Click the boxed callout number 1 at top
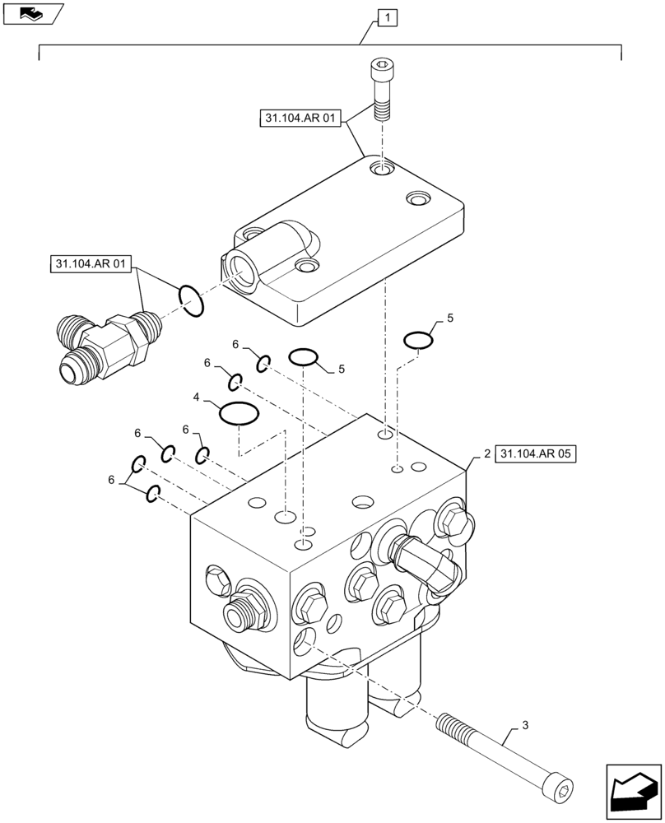click(388, 17)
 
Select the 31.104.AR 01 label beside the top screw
click(300, 119)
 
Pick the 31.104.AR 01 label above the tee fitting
click(91, 264)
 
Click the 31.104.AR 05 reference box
click(536, 453)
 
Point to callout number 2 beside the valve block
click(487, 453)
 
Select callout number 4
click(197, 397)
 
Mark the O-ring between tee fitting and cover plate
click(191, 300)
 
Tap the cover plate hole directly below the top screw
click(381, 170)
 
